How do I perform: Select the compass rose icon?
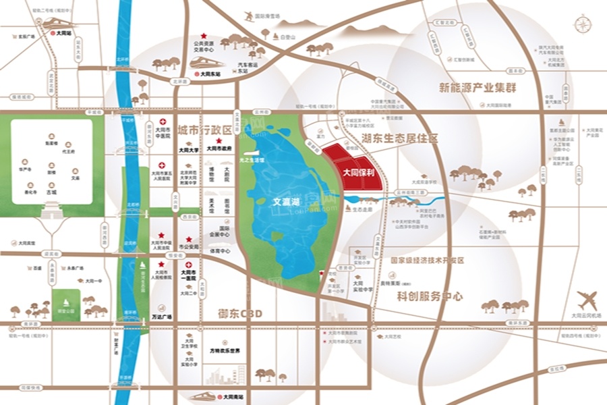click(582, 24)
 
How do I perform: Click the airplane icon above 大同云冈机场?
click(587, 299)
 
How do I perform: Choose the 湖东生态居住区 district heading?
click(399, 138)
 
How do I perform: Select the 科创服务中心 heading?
click(430, 296)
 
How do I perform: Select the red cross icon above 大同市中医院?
click(162, 122)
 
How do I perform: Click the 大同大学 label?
click(188, 151)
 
